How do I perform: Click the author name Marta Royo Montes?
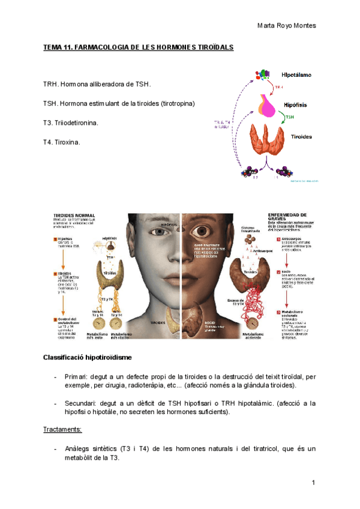[286, 25]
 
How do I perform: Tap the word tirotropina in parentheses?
[177, 104]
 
